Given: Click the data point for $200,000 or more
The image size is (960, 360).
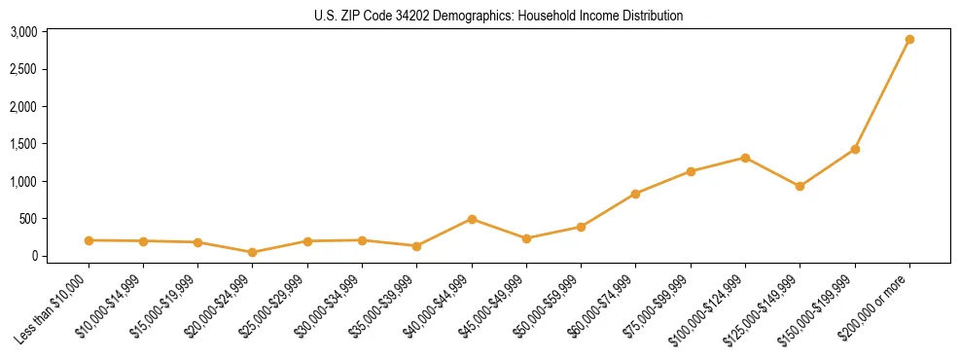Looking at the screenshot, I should point(909,40).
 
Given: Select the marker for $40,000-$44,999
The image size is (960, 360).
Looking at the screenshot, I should point(472,219).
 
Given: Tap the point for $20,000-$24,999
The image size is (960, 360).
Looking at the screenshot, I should point(253,252).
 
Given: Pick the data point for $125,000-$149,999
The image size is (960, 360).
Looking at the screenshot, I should point(800,186).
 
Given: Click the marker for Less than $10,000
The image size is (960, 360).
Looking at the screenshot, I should point(89,240).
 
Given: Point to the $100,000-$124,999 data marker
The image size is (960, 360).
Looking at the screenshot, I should point(745,158).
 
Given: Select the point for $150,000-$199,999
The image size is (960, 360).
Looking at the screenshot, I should point(855,149).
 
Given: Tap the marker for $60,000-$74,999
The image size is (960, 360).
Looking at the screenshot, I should point(635,194).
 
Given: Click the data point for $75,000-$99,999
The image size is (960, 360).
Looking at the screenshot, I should point(691,171).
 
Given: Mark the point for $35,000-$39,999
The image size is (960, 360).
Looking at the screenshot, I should point(417,246).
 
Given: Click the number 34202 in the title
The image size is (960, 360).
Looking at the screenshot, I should point(412,16).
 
